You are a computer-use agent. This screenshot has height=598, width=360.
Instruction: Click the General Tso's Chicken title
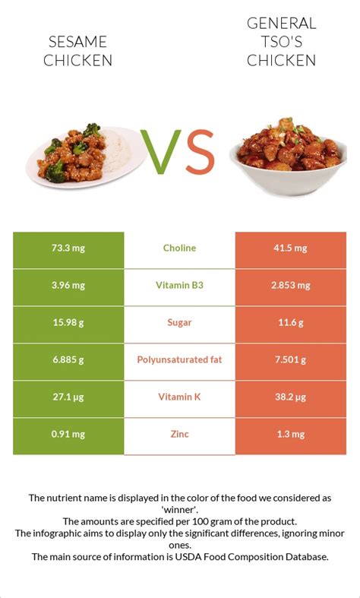click(280, 42)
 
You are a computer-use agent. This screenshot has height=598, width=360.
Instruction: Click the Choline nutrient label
click(179, 248)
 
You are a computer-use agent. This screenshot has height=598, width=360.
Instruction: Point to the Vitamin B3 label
click(179, 286)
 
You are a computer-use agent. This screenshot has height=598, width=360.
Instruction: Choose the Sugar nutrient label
click(179, 323)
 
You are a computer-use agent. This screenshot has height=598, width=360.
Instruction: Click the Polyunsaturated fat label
click(179, 360)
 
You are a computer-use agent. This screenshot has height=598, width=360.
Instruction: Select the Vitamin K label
click(179, 397)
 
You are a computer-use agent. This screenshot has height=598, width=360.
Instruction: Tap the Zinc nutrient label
click(179, 435)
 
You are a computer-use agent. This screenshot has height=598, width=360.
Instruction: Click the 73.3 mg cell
click(68, 248)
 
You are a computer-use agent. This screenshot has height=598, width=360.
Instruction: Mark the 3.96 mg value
click(68, 286)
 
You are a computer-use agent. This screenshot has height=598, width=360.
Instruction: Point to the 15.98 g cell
click(68, 323)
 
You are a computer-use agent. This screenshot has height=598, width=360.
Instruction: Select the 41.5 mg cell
click(290, 248)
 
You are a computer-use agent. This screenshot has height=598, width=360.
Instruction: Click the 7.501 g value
click(290, 360)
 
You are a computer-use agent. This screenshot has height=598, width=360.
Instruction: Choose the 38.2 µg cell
click(290, 397)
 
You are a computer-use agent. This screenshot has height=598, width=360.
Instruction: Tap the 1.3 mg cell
click(290, 435)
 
